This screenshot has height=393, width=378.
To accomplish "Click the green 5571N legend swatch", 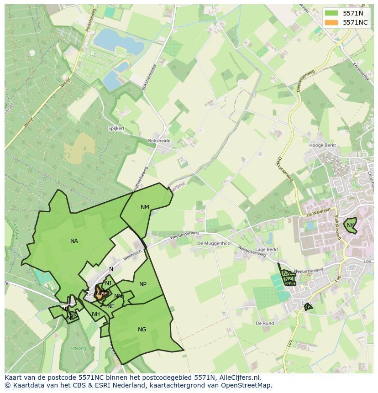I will (331, 13).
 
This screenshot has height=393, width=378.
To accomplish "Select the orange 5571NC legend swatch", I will (331, 22).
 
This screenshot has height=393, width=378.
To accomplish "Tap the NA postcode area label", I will (74, 241).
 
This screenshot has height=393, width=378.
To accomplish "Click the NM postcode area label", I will (145, 207).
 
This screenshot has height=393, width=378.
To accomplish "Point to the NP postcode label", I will (143, 284).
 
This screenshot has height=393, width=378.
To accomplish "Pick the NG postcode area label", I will (142, 330).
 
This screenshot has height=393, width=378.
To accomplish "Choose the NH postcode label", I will (95, 314).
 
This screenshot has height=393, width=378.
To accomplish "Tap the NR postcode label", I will (350, 225).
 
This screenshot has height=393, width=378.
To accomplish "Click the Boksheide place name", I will (159, 141).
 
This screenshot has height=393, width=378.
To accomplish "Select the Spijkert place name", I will (116, 129).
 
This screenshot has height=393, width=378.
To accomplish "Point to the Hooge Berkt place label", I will (322, 146).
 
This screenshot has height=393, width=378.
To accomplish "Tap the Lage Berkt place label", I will (267, 250).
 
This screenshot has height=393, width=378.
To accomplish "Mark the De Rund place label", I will (265, 323).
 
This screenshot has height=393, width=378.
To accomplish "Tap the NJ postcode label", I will (108, 283).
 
